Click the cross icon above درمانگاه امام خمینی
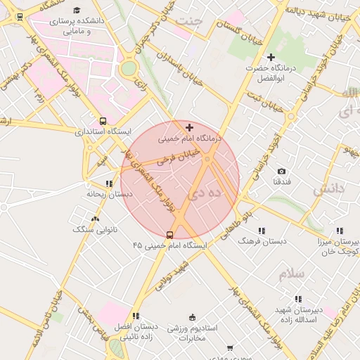click(x=189, y=127)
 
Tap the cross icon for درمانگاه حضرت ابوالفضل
click(x=271, y=56)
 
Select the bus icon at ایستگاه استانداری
click(x=103, y=121)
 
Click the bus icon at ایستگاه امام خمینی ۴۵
click(x=169, y=235)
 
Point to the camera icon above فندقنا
click(x=281, y=171)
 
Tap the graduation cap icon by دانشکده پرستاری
click(x=76, y=10)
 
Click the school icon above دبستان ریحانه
click(x=109, y=184)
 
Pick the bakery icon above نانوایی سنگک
click(x=77, y=219)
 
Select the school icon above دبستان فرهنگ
click(x=262, y=230)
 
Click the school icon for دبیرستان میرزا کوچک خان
click(x=339, y=230)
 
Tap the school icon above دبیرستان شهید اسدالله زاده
click(x=298, y=299)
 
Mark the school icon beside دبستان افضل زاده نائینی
click(x=136, y=316)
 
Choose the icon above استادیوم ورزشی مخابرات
click(x=193, y=317)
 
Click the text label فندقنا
click(x=282, y=181)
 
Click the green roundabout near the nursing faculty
click(x=129, y=68)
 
